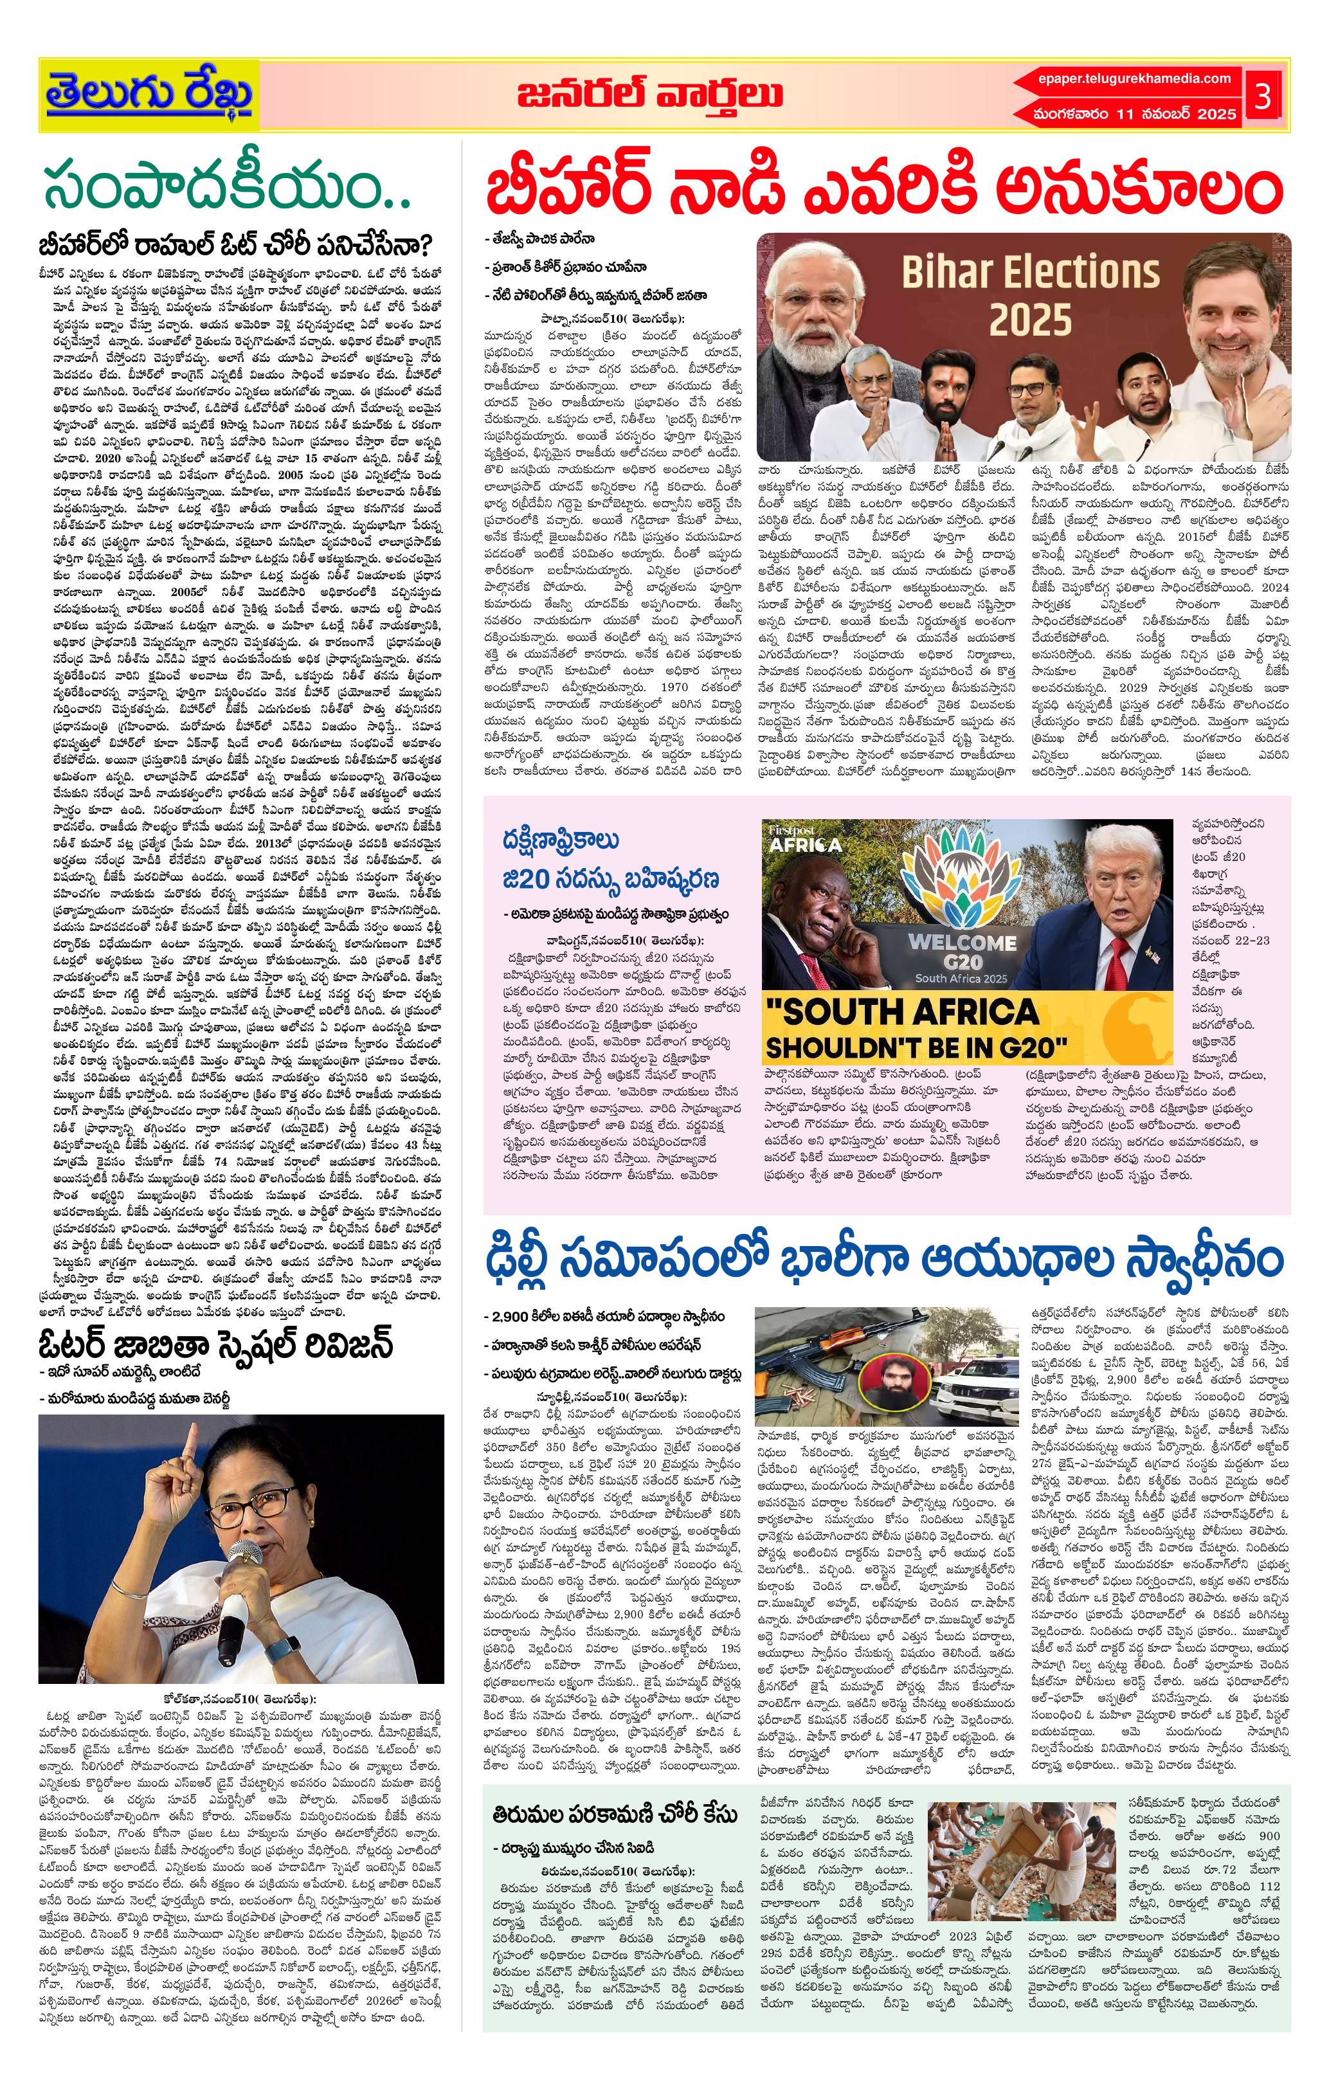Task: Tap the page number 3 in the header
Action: tap(1263, 95)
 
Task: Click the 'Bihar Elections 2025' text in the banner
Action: tap(1030, 295)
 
